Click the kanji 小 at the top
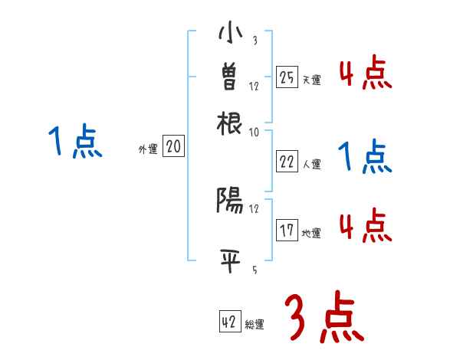coord(230,34)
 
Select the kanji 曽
coord(230,77)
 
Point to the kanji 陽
coord(230,201)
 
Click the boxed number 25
coord(287,77)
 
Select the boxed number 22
coord(287,162)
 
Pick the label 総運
coord(254,325)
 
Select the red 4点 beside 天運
coord(366,73)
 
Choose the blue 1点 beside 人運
coord(366,157)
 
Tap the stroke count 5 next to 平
coord(254,269)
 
